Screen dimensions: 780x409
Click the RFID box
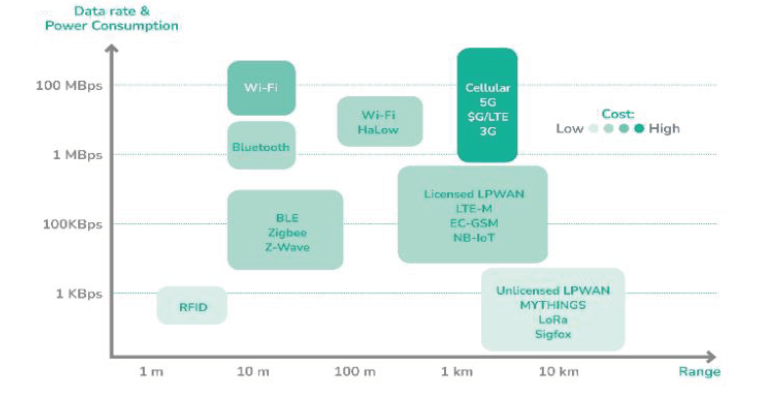(x=192, y=305)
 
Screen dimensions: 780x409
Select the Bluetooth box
(x=261, y=145)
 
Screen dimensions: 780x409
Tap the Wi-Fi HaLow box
(x=380, y=121)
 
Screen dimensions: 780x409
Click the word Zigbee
(x=287, y=233)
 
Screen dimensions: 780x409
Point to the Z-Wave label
(x=287, y=247)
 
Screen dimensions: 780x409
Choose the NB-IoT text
(x=474, y=238)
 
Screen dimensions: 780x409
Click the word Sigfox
(x=553, y=334)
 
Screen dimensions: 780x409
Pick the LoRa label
(x=553, y=320)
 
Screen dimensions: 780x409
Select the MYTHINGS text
(x=553, y=305)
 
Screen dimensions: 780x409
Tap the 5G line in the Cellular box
(x=488, y=102)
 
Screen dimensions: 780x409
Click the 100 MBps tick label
(x=69, y=86)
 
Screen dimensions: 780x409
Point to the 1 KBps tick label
(x=79, y=294)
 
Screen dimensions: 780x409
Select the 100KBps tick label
(x=72, y=225)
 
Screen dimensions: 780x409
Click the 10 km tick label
(x=559, y=372)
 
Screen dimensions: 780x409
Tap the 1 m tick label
(x=151, y=372)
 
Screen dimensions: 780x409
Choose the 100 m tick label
(x=355, y=372)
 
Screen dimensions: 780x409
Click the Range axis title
(x=699, y=372)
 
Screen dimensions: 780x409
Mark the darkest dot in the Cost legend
(x=639, y=129)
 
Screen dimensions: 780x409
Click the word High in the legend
(x=664, y=129)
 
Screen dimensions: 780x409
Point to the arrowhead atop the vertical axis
(x=112, y=48)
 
